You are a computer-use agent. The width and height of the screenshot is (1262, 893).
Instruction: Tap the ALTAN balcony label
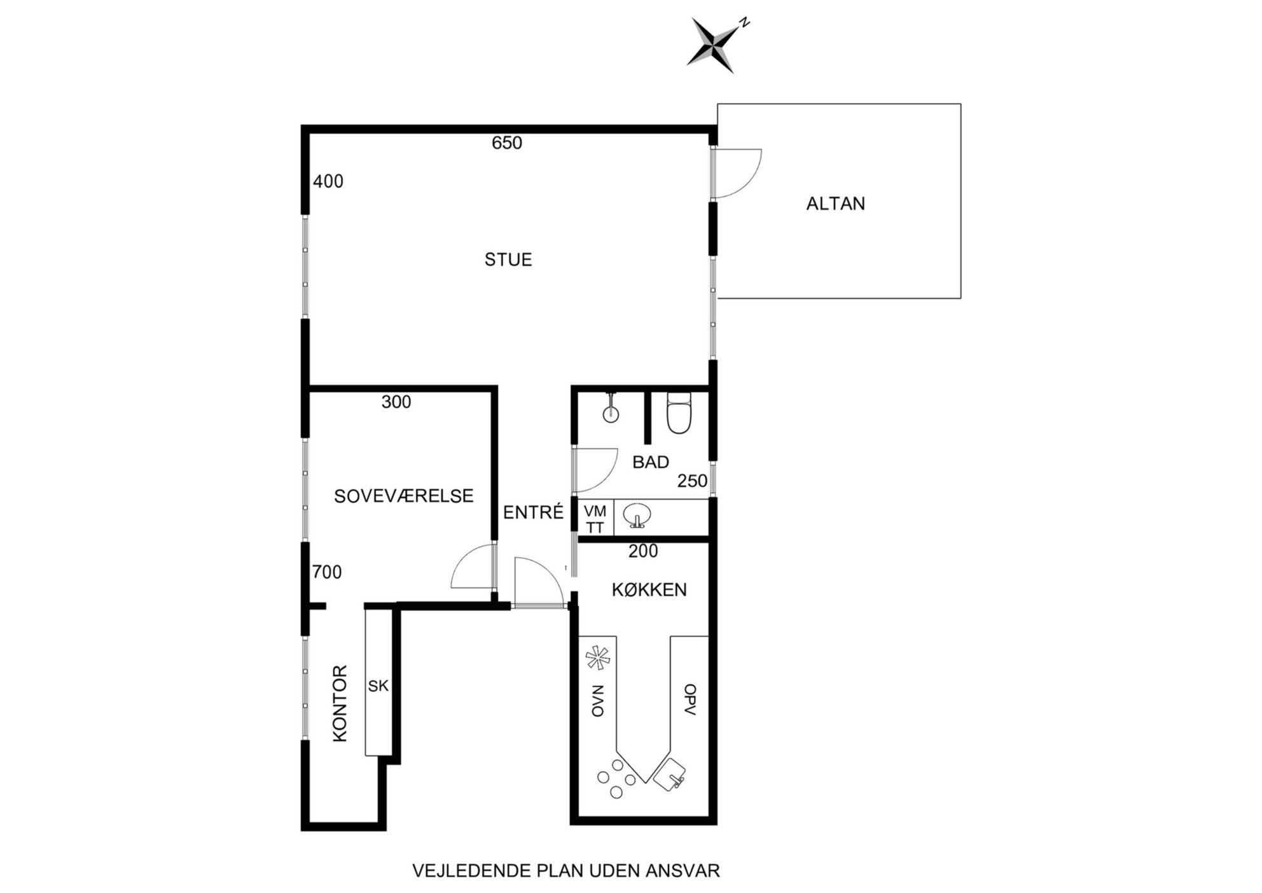[x=835, y=204]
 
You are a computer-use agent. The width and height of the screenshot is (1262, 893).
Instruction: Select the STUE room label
[x=508, y=260]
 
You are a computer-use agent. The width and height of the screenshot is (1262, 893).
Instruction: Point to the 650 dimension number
[x=507, y=143]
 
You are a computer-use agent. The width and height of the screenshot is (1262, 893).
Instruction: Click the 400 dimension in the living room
[x=328, y=181]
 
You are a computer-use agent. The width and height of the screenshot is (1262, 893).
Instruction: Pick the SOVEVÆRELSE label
[x=404, y=496]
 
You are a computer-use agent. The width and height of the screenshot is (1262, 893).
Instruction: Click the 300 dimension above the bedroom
[x=396, y=402]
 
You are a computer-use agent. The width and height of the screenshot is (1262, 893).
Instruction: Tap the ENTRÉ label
[x=534, y=512]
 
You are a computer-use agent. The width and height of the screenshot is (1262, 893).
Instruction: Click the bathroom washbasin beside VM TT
[x=637, y=516]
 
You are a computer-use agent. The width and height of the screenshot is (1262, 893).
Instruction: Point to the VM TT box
[x=595, y=518]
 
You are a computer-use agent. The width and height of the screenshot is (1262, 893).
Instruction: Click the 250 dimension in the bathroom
[x=692, y=481]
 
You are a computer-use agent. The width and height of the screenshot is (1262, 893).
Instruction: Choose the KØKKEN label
[x=649, y=590]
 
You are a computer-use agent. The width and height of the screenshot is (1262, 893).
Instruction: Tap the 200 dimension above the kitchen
[x=643, y=551]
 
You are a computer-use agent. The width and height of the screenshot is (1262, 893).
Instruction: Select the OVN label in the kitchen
[x=597, y=701]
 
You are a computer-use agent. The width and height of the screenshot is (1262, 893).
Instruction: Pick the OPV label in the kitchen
[x=690, y=700]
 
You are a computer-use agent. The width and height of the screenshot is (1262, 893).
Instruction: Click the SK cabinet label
[x=378, y=686]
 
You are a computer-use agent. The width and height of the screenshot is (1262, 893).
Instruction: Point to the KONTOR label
[x=341, y=703]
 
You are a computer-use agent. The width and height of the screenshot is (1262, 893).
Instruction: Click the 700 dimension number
[x=327, y=572]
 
